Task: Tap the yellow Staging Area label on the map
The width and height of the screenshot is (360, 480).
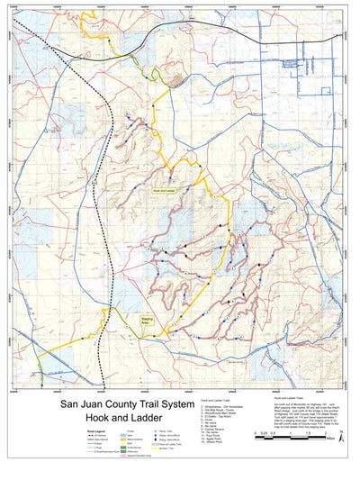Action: click(145, 319)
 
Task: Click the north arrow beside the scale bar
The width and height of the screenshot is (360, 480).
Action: click(339, 437)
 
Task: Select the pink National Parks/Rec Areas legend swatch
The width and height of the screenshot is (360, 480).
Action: click(121, 457)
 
